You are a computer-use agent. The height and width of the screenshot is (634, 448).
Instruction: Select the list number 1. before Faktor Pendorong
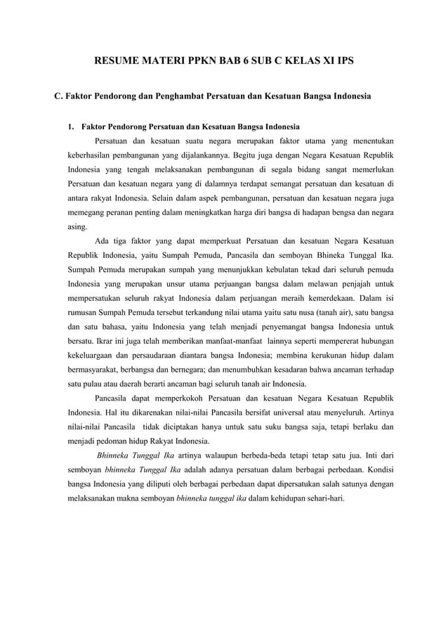(71, 127)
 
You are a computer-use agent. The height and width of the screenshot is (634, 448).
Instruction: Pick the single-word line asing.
(77, 226)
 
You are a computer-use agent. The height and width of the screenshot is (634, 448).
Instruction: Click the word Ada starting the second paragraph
(102, 241)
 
